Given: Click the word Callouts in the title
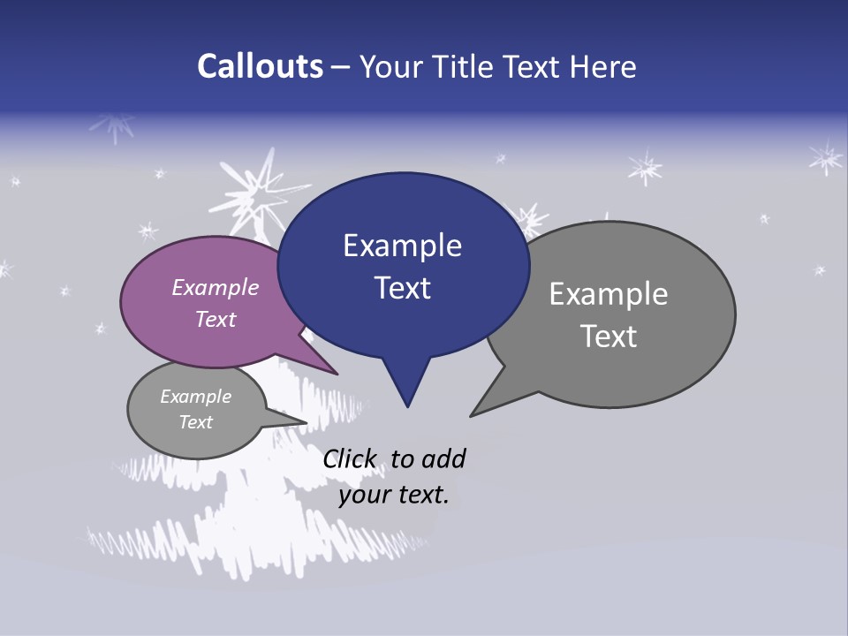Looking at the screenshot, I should (x=260, y=66).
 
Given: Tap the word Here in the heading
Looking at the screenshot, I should (x=602, y=66).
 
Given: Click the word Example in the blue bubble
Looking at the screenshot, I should (x=403, y=246).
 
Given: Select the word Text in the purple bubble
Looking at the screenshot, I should (x=216, y=319).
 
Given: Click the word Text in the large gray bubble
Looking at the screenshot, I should (x=609, y=336).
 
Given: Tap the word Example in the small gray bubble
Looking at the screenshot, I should (x=196, y=397).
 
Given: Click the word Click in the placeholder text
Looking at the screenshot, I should (x=350, y=458).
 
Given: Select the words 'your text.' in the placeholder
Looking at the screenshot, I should (x=394, y=495).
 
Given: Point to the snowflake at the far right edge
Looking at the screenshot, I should (x=826, y=158).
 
